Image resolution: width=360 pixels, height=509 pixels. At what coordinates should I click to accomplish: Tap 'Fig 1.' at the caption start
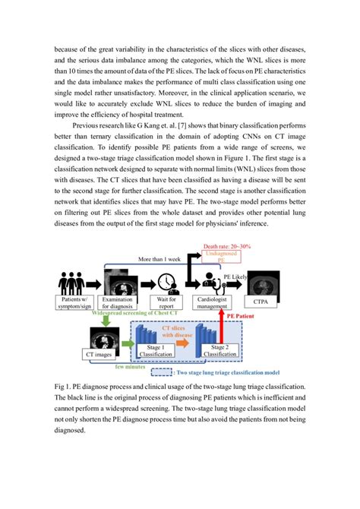click(x=64, y=387)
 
